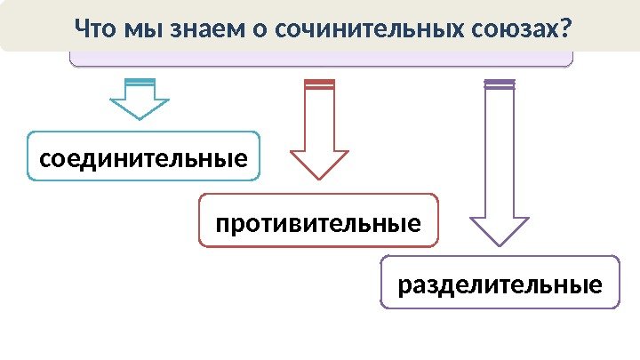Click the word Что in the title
(95, 30)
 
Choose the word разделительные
(500, 285)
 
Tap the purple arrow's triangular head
(499, 230)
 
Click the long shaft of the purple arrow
(499, 151)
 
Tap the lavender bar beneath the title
(320, 59)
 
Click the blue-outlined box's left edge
(28, 156)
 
